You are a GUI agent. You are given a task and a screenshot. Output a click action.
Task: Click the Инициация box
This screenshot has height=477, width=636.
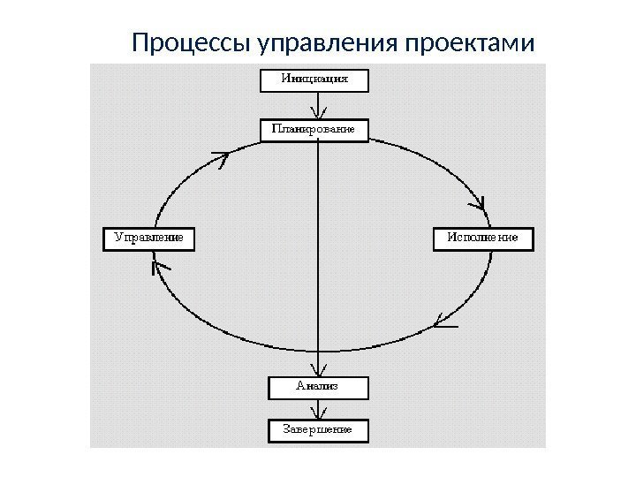point(314,79)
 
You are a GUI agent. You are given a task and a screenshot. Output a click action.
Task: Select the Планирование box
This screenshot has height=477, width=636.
point(314,129)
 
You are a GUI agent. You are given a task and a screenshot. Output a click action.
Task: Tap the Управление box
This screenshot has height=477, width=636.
point(148,238)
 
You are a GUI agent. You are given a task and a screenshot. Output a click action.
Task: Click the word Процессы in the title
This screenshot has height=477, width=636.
point(190,42)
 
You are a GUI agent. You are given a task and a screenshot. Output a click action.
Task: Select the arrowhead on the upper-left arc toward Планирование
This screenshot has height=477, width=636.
point(221,159)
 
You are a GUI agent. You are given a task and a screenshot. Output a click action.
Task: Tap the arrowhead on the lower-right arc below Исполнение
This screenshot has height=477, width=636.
point(443,322)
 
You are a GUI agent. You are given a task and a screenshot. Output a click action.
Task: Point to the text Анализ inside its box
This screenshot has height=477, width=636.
point(316,387)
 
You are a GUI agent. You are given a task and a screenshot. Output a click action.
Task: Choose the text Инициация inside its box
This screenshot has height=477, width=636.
point(314,79)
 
